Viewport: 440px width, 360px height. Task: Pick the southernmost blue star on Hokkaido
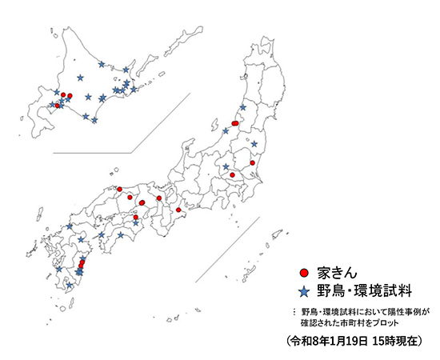pyautogui.click(x=94, y=121)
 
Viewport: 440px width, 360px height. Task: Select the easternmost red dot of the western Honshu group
pyautogui.click(x=178, y=210)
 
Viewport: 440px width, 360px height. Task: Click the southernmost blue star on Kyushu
pyautogui.click(x=70, y=286)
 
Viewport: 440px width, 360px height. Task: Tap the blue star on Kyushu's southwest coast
pyautogui.click(x=59, y=270)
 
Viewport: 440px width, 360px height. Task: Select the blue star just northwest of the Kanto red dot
pyautogui.click(x=226, y=166)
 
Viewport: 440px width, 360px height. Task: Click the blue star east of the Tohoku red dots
pyautogui.click(x=254, y=144)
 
